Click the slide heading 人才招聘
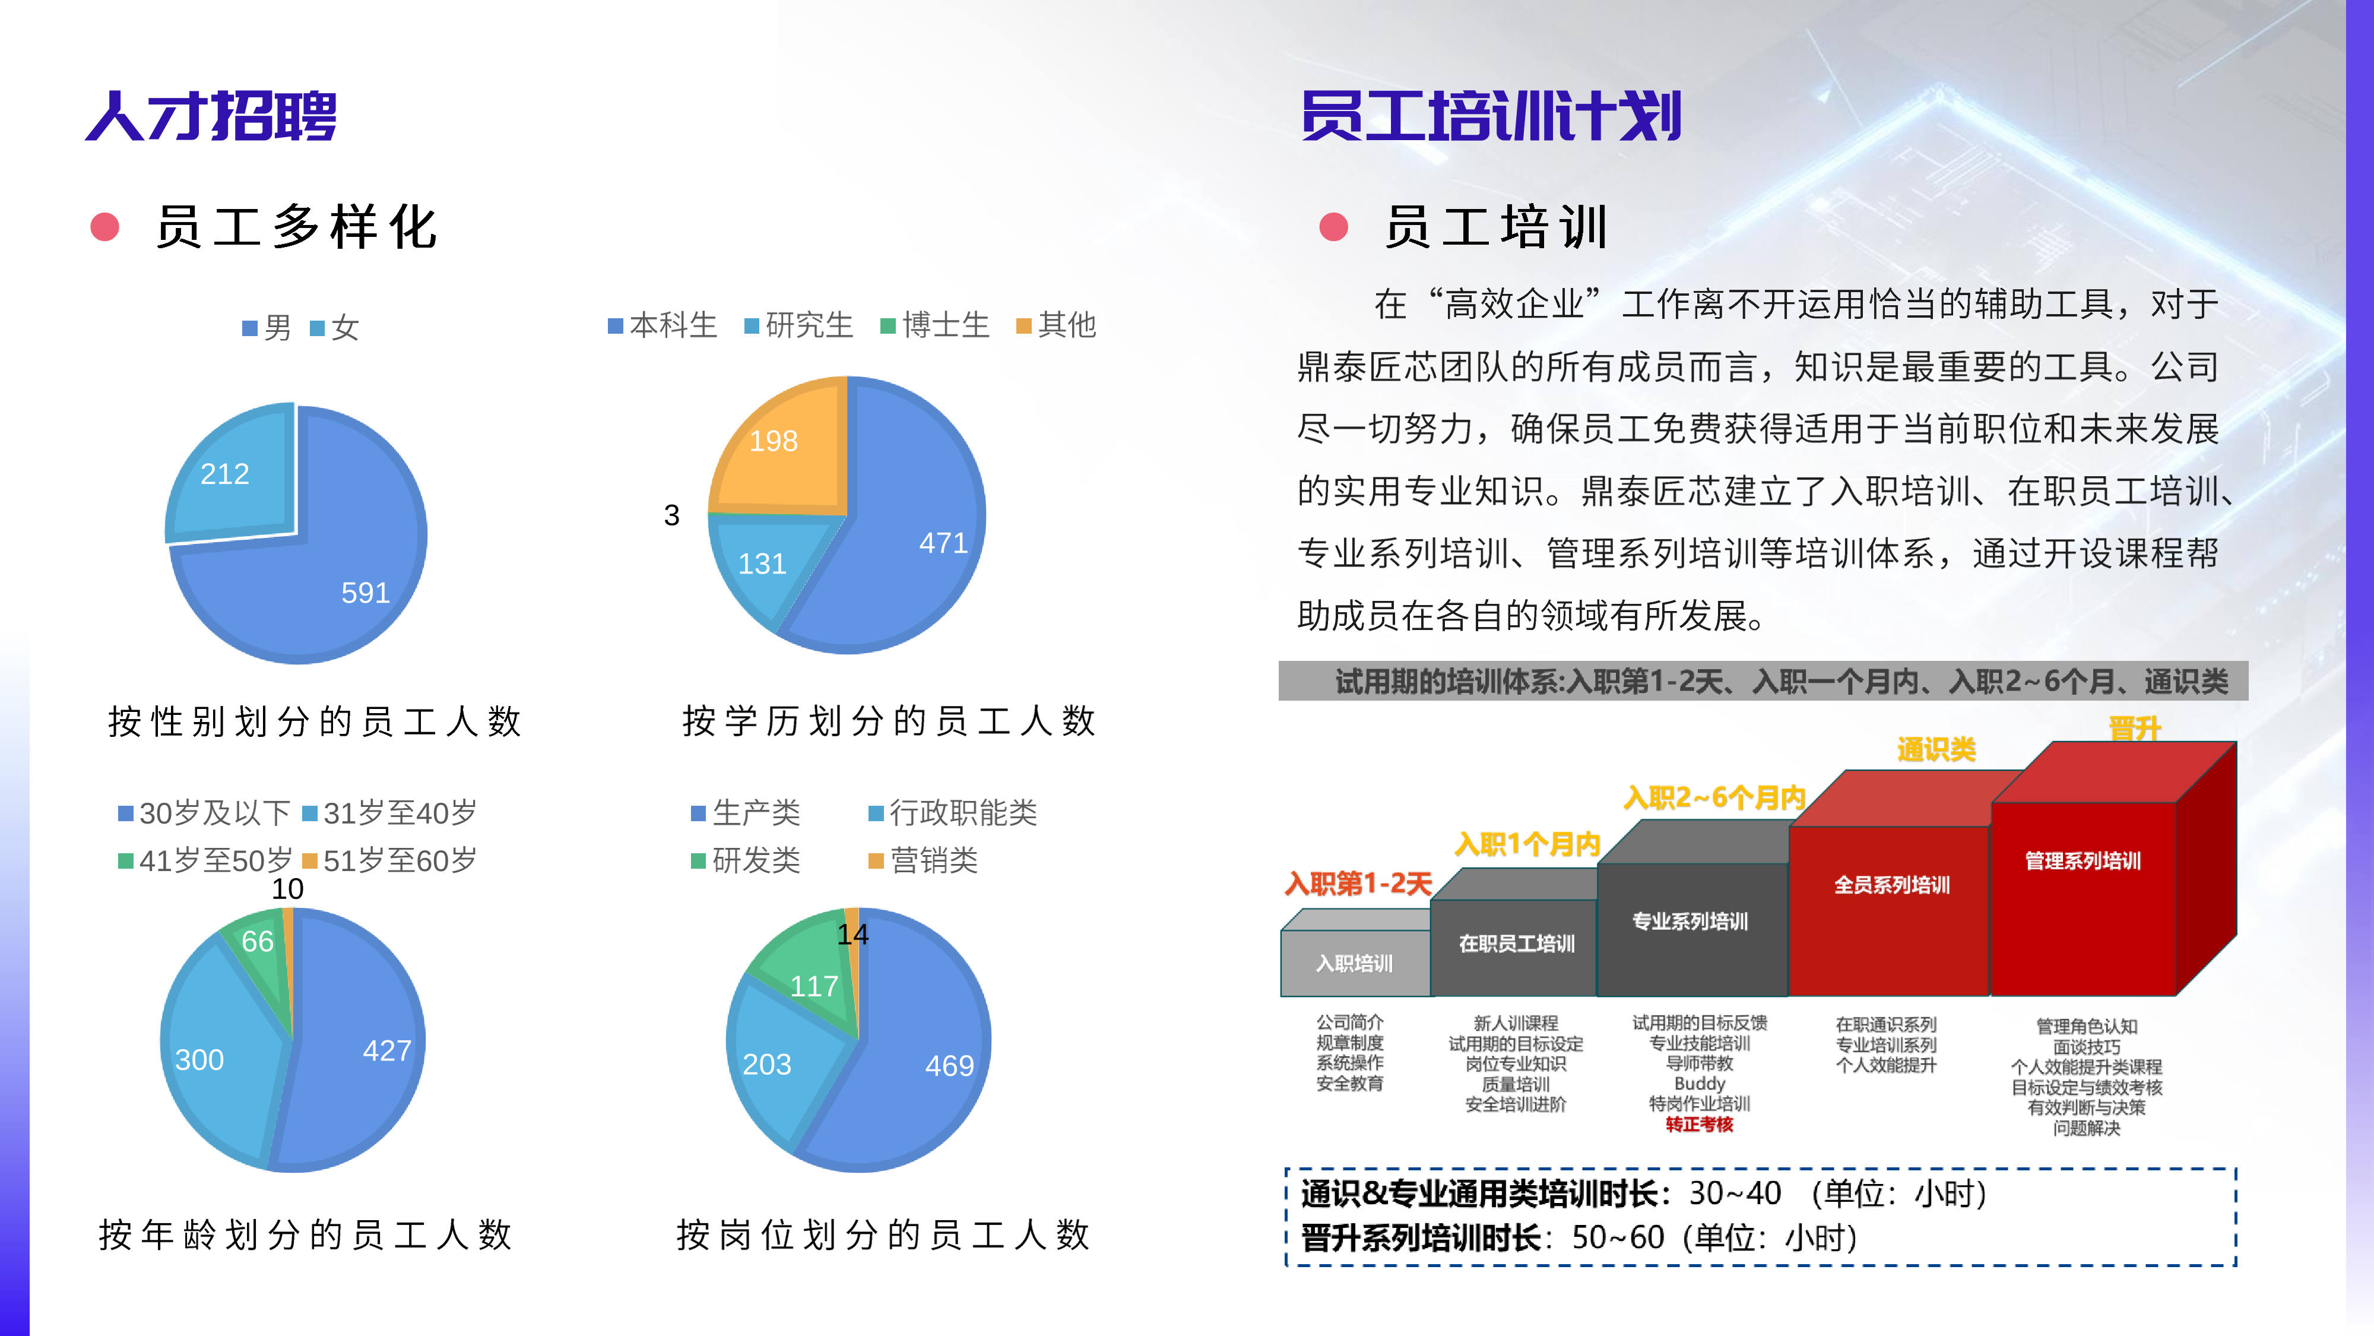pos(211,116)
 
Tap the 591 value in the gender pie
pos(365,593)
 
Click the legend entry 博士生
pos(936,325)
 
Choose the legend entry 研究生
pos(799,325)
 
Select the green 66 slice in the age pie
pos(257,941)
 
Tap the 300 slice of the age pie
pos(200,1059)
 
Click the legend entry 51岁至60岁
pos(390,861)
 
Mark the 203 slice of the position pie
pos(767,1065)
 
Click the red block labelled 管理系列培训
pos(2083,861)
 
